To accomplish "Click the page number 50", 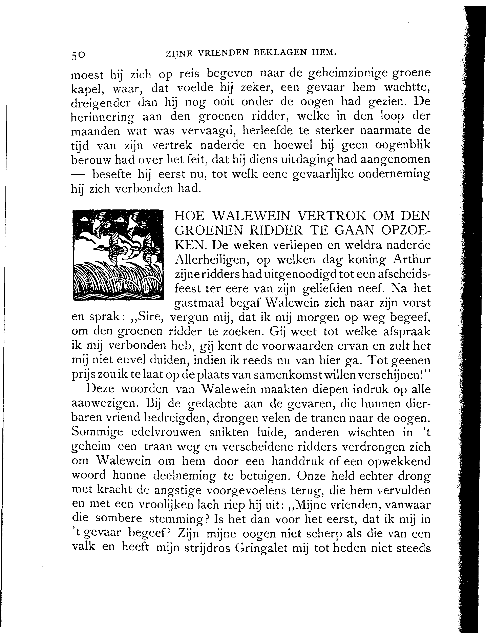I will [x=78, y=55].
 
